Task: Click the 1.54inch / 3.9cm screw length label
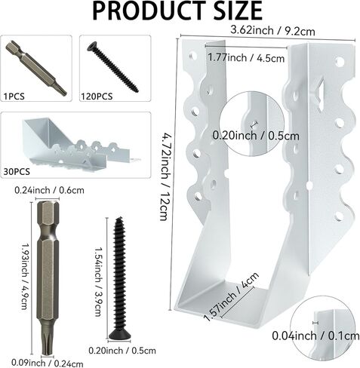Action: [99, 274]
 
